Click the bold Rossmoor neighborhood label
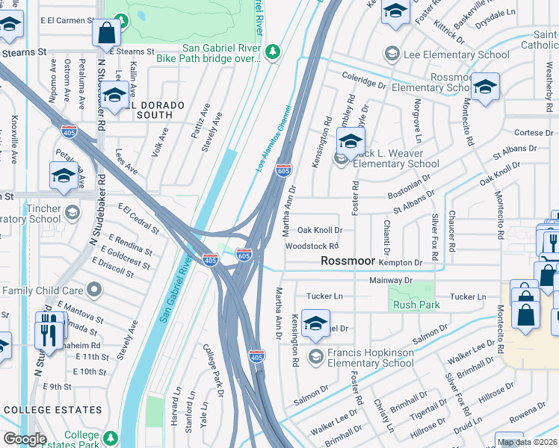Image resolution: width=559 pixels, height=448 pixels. (x=348, y=261)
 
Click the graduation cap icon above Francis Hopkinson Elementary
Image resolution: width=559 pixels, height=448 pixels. (x=316, y=323)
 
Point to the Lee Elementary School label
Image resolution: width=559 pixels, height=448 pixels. (x=448, y=55)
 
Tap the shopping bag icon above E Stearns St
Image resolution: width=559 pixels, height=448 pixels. (x=108, y=33)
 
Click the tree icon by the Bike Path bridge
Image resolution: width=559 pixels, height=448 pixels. (x=274, y=51)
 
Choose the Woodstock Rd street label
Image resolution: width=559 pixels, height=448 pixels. (x=312, y=246)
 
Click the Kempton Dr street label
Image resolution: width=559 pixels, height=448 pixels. (x=401, y=263)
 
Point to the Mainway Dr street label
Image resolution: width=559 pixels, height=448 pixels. (x=391, y=280)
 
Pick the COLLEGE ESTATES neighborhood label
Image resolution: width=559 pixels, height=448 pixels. (x=52, y=410)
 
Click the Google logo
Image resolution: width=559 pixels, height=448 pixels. (x=25, y=439)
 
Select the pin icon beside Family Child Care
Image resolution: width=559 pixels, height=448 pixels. (x=93, y=289)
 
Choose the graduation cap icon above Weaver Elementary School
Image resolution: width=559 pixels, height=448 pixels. (x=350, y=140)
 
